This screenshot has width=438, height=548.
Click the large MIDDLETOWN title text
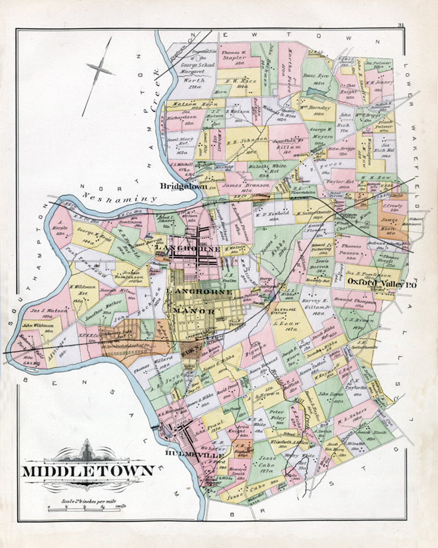click(x=88, y=471)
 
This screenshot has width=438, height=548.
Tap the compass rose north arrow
click(x=99, y=73)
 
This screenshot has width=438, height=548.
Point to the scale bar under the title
click(x=87, y=507)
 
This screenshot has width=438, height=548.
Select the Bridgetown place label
click(x=183, y=186)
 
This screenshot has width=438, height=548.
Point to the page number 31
click(x=401, y=26)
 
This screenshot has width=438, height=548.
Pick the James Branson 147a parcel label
click(x=246, y=187)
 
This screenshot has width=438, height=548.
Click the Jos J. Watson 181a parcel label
click(x=49, y=313)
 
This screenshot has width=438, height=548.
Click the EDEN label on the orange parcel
click(x=191, y=348)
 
